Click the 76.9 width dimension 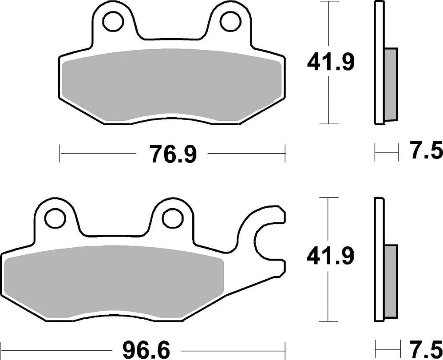pyautogui.click(x=172, y=154)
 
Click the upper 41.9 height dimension pyautogui.click(x=331, y=63)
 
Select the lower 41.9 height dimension pyautogui.click(x=331, y=257)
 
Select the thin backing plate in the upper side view pyautogui.click(x=379, y=63)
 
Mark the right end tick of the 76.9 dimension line pyautogui.click(x=285, y=154)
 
